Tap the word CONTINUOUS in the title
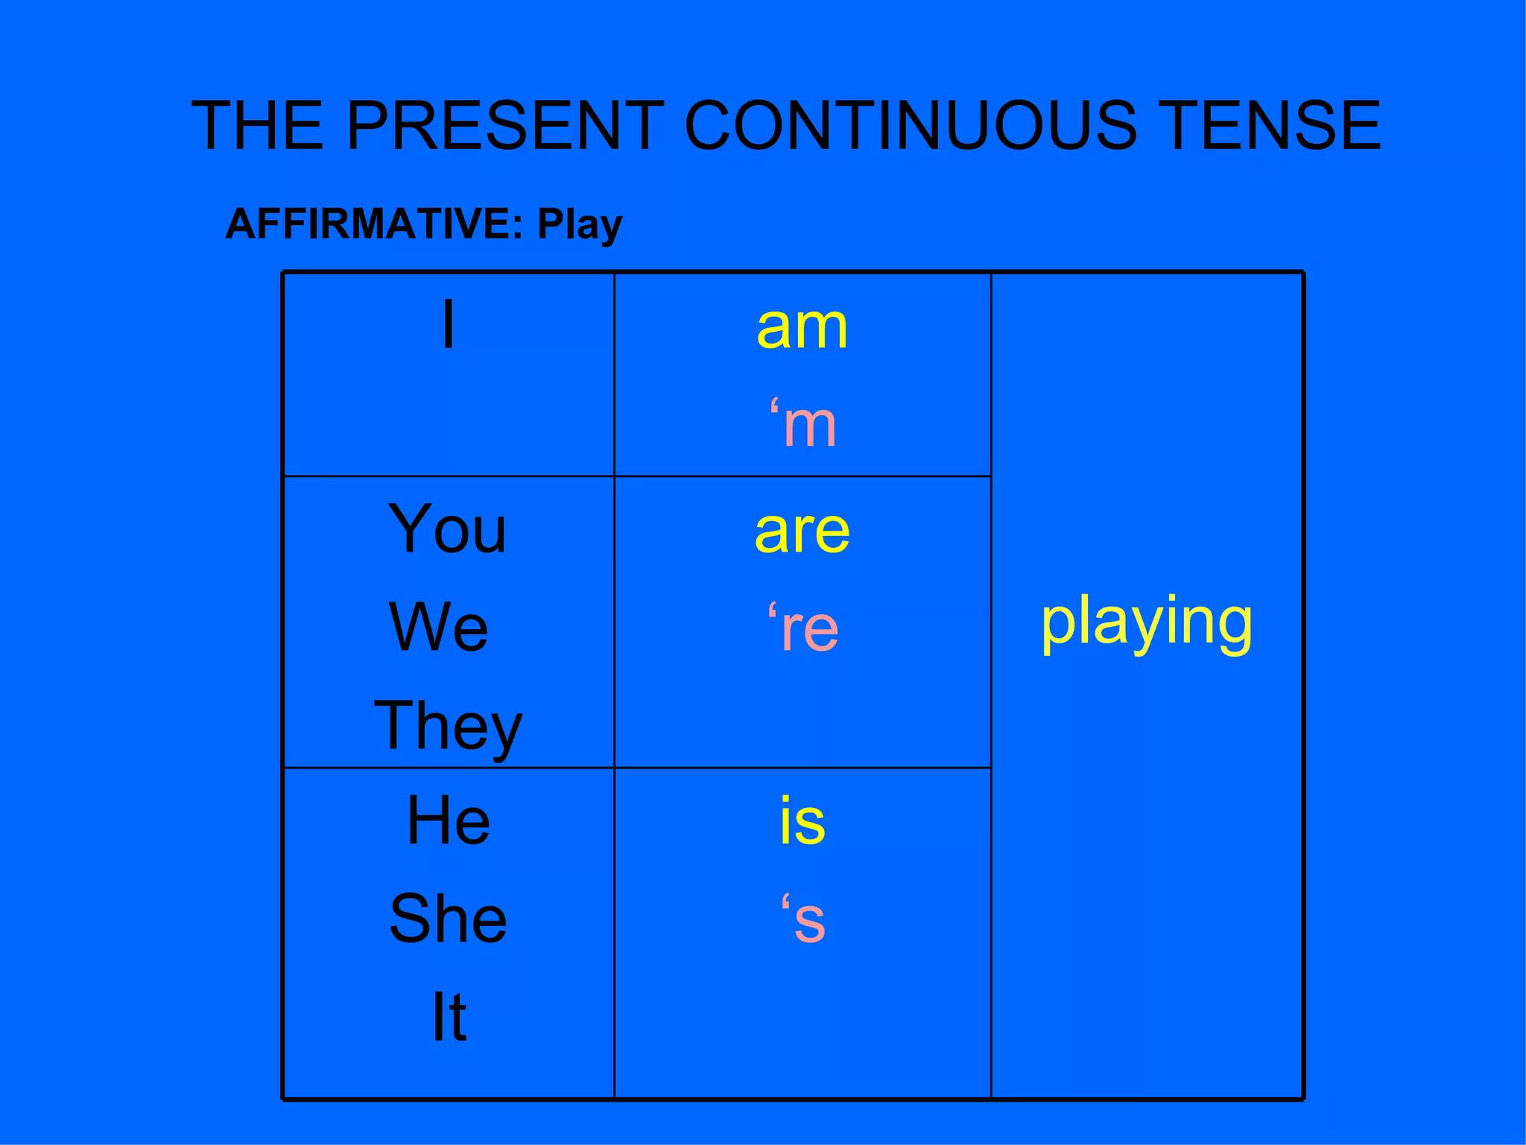pos(911,125)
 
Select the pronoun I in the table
pos(448,324)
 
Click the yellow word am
pos(802,328)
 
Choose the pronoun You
pos(447,529)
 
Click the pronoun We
pos(439,627)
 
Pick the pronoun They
pos(448,727)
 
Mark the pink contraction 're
pos(803,628)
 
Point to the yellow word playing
pos(1147,622)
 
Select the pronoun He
pos(449,821)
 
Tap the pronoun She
pos(448,918)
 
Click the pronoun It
pos(449,1017)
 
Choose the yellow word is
pos(802,821)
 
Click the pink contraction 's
pos(803,919)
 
